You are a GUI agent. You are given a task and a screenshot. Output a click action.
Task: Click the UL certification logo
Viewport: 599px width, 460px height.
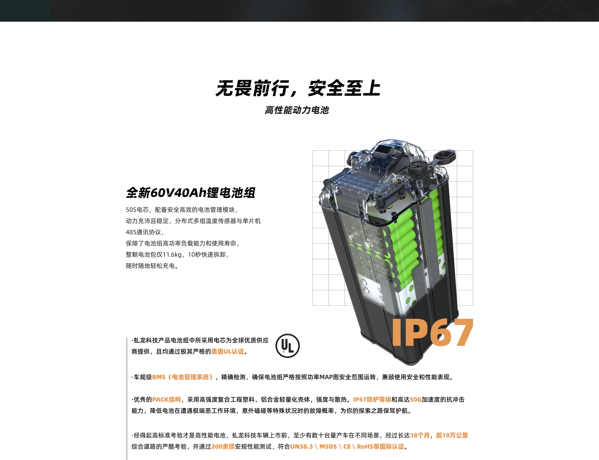coord(287,345)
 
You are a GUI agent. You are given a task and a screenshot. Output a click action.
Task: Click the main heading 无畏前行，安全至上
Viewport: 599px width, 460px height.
coord(298,88)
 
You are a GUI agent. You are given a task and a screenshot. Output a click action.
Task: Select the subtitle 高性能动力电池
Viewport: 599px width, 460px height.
coord(297,110)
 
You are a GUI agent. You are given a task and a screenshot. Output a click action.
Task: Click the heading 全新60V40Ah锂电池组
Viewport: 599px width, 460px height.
coord(191,192)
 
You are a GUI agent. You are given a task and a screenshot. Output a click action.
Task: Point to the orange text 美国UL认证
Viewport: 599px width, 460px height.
coord(227,351)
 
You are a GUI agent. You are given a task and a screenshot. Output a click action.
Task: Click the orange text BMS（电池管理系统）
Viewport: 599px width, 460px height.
coord(183,377)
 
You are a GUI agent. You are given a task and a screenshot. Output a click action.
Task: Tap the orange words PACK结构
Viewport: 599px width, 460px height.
coord(166,400)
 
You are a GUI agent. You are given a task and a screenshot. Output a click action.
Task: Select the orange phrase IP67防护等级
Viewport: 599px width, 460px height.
coord(372,400)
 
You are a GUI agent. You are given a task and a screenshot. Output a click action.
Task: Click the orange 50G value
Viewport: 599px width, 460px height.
coord(416,400)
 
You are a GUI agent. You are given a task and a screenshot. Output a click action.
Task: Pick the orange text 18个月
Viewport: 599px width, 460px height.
coord(420,435)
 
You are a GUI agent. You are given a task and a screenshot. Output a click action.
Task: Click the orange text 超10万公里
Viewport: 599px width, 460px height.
coord(452,435)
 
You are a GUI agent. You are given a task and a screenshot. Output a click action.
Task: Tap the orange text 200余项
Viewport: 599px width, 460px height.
coord(223,447)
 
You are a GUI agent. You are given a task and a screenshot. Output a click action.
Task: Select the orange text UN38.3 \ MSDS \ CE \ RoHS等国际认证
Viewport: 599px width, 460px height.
coord(347,447)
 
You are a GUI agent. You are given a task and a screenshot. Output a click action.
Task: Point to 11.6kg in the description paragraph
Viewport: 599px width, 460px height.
coord(172,255)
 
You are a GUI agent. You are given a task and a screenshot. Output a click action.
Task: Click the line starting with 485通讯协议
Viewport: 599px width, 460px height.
coord(145,232)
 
